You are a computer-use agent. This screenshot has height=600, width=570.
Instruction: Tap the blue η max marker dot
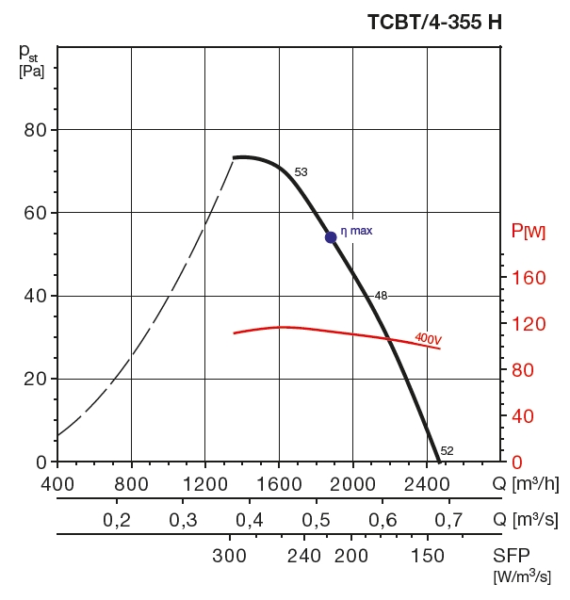point(331,237)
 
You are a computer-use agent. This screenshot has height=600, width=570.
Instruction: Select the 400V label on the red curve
point(429,337)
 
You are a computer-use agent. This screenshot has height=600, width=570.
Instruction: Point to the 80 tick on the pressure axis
point(35,129)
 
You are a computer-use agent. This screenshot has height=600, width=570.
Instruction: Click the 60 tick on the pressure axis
point(35,213)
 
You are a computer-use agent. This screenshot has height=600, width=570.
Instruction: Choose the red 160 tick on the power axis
point(529,278)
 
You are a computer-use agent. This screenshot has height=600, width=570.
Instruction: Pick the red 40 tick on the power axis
point(523,416)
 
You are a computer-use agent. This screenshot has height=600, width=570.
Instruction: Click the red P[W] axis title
point(528,231)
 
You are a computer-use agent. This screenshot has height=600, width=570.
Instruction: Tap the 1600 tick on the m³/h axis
point(279,484)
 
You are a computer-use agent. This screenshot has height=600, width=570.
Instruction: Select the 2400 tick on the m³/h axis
point(427,484)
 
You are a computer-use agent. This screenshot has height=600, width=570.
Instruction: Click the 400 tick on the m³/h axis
point(57,484)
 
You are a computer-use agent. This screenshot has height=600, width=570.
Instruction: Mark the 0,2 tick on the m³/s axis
point(116,520)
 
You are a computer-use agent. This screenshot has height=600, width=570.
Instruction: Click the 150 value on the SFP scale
point(429,555)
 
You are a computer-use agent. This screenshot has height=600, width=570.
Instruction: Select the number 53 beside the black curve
point(301,172)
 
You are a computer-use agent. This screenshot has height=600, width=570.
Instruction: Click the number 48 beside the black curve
point(381,296)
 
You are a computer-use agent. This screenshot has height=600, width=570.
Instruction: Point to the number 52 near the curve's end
point(448,450)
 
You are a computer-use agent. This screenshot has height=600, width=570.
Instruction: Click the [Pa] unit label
point(31,70)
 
